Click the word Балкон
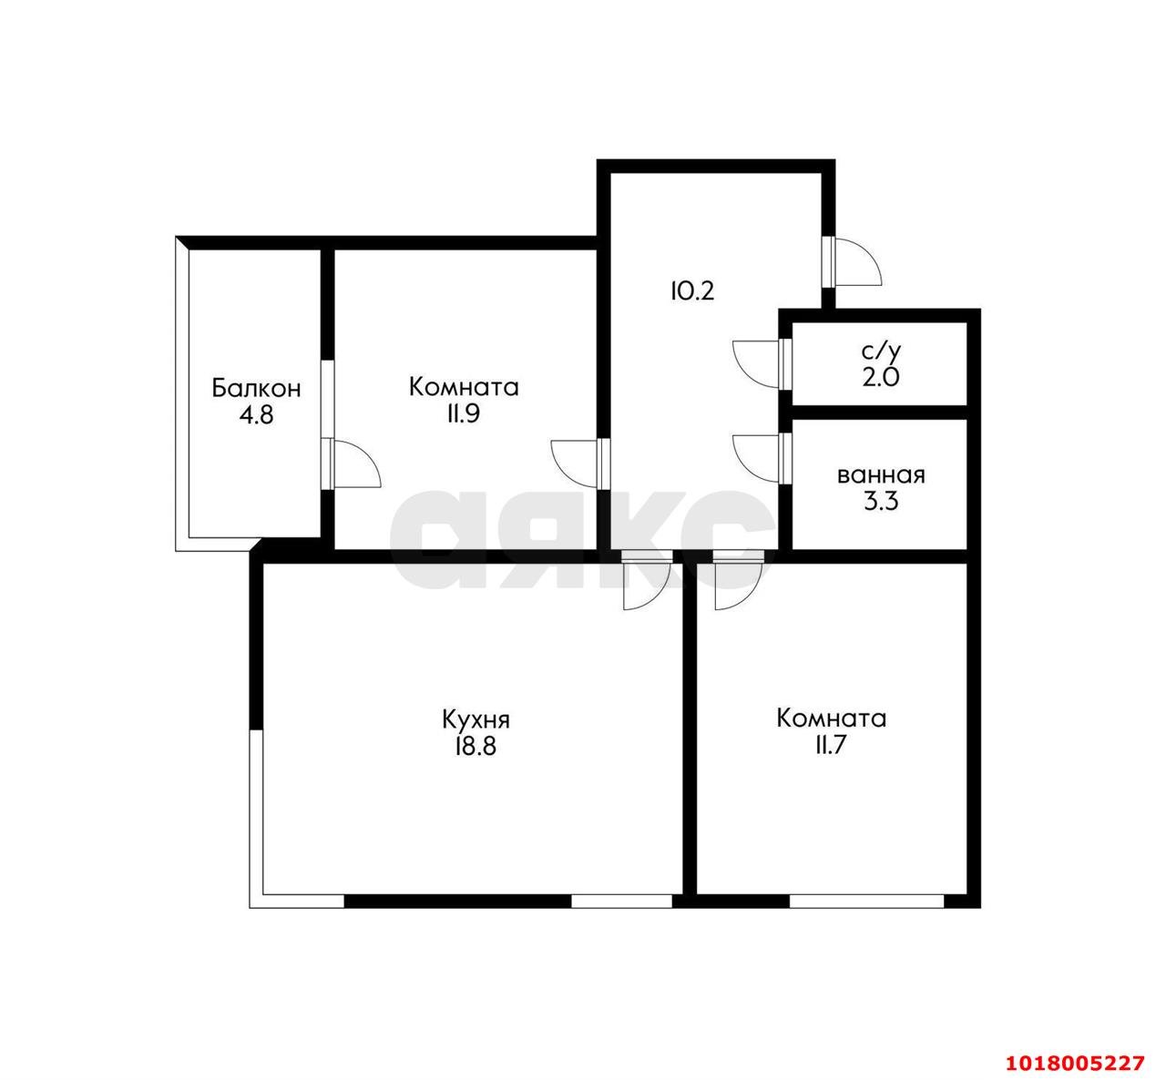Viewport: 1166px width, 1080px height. pyautogui.click(x=256, y=389)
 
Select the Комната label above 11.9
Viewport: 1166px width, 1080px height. pyautogui.click(x=464, y=387)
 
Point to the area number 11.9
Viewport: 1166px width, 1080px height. pyautogui.click(x=464, y=414)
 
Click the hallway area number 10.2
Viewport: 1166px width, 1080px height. pyautogui.click(x=693, y=290)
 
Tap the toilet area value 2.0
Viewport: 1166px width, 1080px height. pyautogui.click(x=881, y=377)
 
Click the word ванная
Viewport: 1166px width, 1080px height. pyautogui.click(x=881, y=475)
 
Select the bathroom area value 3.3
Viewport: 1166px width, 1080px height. pyautogui.click(x=881, y=503)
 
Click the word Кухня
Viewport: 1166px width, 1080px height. pyautogui.click(x=476, y=719)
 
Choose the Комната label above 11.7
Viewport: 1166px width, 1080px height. pyautogui.click(x=832, y=718)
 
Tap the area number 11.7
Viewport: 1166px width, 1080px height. pyautogui.click(x=832, y=746)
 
